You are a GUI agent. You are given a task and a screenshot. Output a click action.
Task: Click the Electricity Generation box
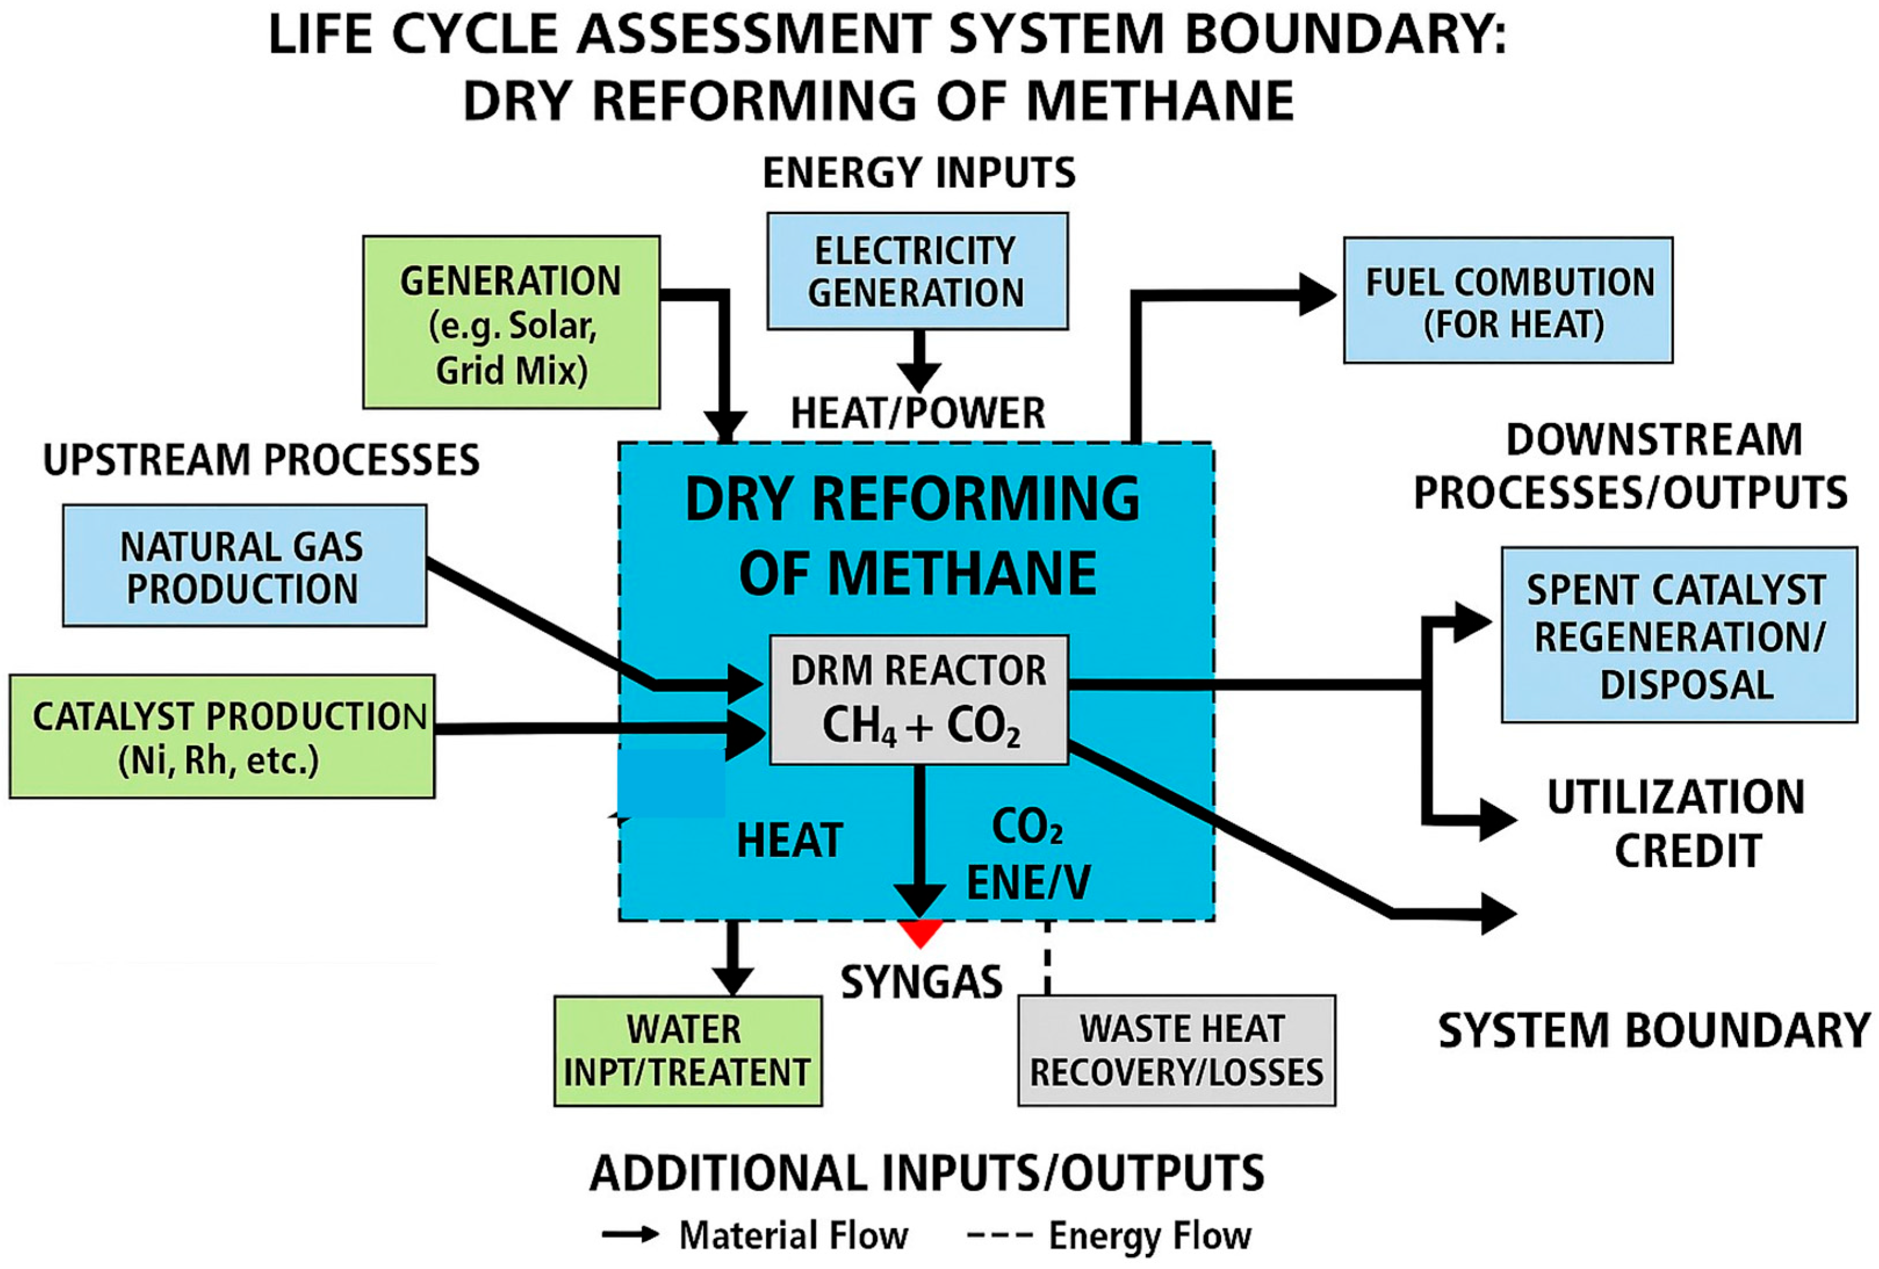click(917, 271)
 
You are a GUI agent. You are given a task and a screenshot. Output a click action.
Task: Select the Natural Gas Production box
click(244, 566)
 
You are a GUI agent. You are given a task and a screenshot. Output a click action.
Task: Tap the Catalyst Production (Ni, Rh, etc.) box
click(222, 737)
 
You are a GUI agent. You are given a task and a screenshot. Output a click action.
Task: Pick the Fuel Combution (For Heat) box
click(1508, 301)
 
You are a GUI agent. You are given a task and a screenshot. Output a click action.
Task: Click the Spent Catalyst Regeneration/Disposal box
click(1679, 635)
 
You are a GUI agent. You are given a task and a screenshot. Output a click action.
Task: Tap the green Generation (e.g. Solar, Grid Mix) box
click(511, 323)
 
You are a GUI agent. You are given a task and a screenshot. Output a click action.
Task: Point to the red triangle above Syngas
click(920, 931)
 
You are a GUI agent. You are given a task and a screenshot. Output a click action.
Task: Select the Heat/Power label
click(918, 413)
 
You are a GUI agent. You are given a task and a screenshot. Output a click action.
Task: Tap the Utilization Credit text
click(1675, 823)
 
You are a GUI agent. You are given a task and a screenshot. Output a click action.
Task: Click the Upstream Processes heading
click(261, 459)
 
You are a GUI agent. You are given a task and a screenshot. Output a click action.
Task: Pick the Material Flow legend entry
click(756, 1235)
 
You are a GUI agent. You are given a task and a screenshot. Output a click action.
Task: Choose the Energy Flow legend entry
click(1109, 1235)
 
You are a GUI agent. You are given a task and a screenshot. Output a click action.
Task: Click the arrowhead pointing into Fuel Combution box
click(1317, 295)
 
